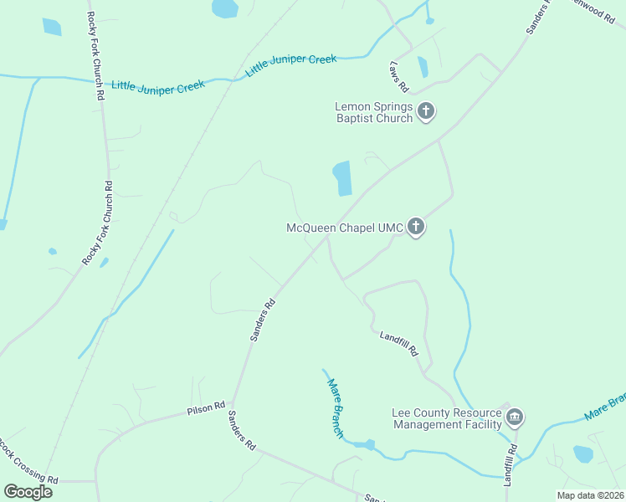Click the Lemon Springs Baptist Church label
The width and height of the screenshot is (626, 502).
pos(373,112)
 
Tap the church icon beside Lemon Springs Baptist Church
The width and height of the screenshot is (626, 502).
pos(426,111)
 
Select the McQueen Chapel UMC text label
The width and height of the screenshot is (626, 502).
pos(345,228)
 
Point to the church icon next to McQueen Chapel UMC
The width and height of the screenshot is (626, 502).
pos(416,227)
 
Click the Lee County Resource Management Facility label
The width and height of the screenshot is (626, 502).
pos(446,418)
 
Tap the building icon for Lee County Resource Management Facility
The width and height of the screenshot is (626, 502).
pos(515,417)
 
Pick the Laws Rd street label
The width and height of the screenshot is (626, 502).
pos(398,76)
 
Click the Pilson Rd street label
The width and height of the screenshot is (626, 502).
pos(206,407)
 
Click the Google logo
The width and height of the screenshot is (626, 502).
pos(28,492)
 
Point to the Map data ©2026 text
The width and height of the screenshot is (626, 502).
pos(590,495)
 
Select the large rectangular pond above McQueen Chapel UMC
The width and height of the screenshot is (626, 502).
pos(342,178)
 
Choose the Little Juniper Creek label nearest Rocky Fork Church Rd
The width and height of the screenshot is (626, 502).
pos(158,86)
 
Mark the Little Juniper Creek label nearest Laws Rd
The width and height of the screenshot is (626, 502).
pos(291,66)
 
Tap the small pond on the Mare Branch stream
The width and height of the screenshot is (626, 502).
pos(367,444)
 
